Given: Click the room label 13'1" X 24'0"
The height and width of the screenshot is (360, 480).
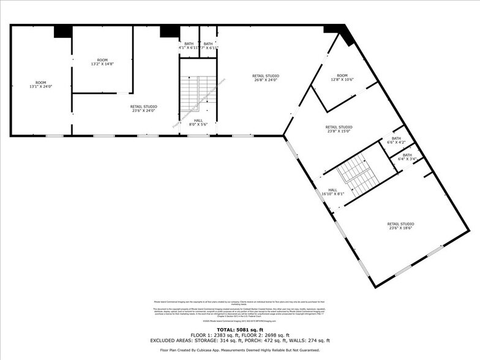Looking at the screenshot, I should (x=40, y=84).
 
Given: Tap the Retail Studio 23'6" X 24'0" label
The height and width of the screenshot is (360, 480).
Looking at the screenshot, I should (x=143, y=108).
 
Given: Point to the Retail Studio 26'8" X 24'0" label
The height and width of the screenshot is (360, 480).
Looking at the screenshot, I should (x=265, y=77).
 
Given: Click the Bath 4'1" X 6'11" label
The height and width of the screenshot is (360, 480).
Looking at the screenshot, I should (x=188, y=45).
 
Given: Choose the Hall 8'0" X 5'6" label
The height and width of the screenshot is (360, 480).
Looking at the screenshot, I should (x=198, y=122).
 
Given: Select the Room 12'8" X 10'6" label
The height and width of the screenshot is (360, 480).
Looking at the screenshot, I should (x=342, y=77).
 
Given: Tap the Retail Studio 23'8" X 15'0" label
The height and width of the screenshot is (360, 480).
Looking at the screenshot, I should (x=339, y=129).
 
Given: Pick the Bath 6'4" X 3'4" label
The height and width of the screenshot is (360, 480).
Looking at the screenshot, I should (x=407, y=157).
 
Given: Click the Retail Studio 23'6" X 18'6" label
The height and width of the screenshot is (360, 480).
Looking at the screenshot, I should (x=400, y=226).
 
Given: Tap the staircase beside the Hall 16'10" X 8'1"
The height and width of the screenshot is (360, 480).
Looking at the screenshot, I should (x=359, y=173).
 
